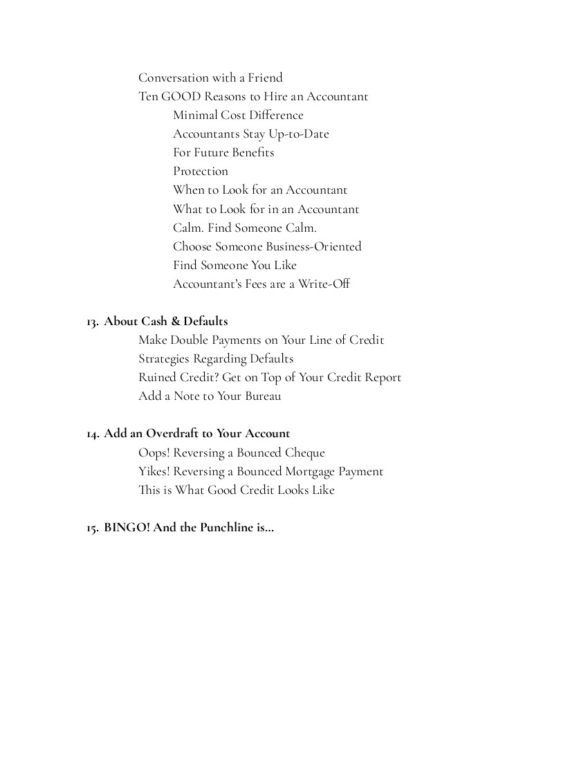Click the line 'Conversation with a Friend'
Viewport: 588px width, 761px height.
(210, 77)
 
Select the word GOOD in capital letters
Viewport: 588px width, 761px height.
(181, 96)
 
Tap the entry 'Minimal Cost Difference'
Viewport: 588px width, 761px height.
(238, 115)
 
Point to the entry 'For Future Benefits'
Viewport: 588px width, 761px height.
(223, 152)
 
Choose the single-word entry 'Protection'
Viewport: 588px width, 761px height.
(201, 171)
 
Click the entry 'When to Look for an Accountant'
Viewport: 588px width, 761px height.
(260, 190)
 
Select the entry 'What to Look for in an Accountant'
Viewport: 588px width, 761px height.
(266, 209)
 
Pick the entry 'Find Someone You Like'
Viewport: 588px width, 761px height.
(235, 265)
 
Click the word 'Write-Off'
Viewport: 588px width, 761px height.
(324, 284)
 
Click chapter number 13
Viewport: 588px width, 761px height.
(92, 322)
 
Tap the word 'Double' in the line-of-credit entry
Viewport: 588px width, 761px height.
(189, 340)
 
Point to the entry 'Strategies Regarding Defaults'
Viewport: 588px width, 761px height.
(216, 358)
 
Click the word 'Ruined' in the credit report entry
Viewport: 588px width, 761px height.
(158, 377)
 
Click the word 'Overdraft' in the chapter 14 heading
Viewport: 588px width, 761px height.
(172, 433)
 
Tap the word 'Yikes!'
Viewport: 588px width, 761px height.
(154, 471)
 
